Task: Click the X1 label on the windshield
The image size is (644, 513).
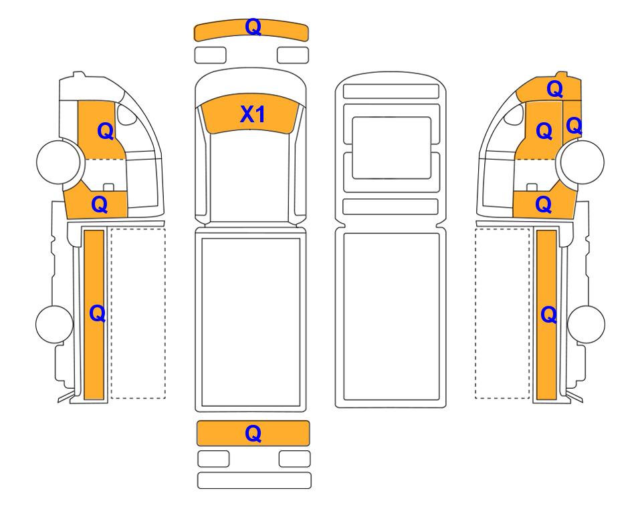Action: [x=252, y=114]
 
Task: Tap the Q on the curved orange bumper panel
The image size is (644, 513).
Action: [x=253, y=27]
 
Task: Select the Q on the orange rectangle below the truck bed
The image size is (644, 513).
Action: [x=253, y=434]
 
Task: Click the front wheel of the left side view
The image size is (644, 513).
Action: [x=58, y=162]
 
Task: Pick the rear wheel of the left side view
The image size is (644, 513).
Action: [x=55, y=324]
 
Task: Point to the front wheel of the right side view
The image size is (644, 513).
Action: [x=582, y=162]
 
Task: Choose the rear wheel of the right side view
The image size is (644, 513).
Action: [x=586, y=324]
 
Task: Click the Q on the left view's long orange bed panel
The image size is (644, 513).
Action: [x=98, y=314]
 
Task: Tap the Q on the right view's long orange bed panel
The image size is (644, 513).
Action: [x=549, y=315]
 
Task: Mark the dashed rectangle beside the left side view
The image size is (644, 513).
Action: [x=138, y=313]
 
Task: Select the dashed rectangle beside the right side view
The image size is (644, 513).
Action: [x=502, y=313]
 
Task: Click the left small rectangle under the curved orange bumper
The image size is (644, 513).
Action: [x=210, y=55]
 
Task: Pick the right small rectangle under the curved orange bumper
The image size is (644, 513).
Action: [x=293, y=55]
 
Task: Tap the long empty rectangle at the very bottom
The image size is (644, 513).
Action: [x=254, y=480]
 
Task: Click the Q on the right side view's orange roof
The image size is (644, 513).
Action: [x=554, y=89]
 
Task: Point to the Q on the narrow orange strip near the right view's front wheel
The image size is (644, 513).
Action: [x=574, y=126]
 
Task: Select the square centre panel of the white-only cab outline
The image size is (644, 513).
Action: [x=391, y=148]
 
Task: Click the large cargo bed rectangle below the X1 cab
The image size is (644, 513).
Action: [x=251, y=322]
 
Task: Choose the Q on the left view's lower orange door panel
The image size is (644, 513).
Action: [x=100, y=204]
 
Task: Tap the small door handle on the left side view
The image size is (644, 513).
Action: [x=108, y=187]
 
